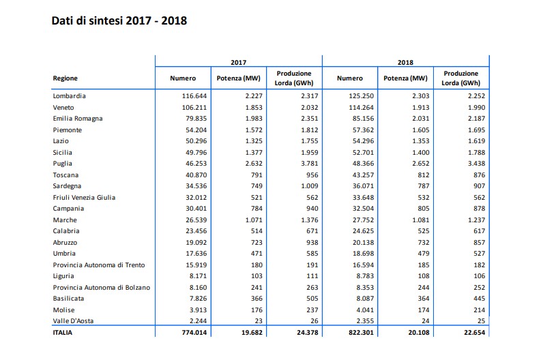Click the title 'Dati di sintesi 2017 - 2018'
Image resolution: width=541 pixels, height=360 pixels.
click(x=119, y=20)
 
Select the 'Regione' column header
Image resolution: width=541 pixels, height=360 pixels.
click(x=65, y=78)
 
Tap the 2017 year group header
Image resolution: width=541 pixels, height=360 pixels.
click(x=238, y=63)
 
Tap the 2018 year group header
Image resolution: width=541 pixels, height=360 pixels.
click(x=405, y=63)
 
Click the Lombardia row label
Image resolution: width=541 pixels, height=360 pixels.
click(x=70, y=96)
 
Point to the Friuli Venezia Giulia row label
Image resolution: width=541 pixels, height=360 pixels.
click(x=84, y=198)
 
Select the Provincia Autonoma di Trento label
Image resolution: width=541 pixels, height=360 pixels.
click(x=99, y=265)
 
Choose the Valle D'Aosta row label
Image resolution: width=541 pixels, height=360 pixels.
click(x=73, y=321)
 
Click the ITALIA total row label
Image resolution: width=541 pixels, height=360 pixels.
click(x=63, y=333)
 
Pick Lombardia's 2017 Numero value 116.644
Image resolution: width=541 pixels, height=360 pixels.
click(x=194, y=96)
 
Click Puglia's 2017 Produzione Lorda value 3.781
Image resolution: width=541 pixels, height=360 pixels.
click(x=310, y=164)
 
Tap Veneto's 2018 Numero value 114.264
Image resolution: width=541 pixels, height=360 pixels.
click(x=362, y=108)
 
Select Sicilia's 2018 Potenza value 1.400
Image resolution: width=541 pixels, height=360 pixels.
click(x=420, y=153)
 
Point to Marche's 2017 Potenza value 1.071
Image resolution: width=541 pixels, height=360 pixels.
click(x=254, y=220)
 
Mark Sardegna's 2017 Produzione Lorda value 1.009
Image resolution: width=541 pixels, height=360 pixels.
click(x=310, y=186)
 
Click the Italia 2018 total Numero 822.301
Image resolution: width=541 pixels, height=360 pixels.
click(x=361, y=333)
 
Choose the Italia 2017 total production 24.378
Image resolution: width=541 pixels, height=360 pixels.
click(x=308, y=333)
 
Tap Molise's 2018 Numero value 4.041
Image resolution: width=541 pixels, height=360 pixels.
click(x=365, y=310)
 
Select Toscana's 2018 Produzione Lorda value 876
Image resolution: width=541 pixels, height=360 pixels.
click(x=479, y=175)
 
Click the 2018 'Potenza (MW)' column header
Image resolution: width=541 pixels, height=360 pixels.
click(x=405, y=78)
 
